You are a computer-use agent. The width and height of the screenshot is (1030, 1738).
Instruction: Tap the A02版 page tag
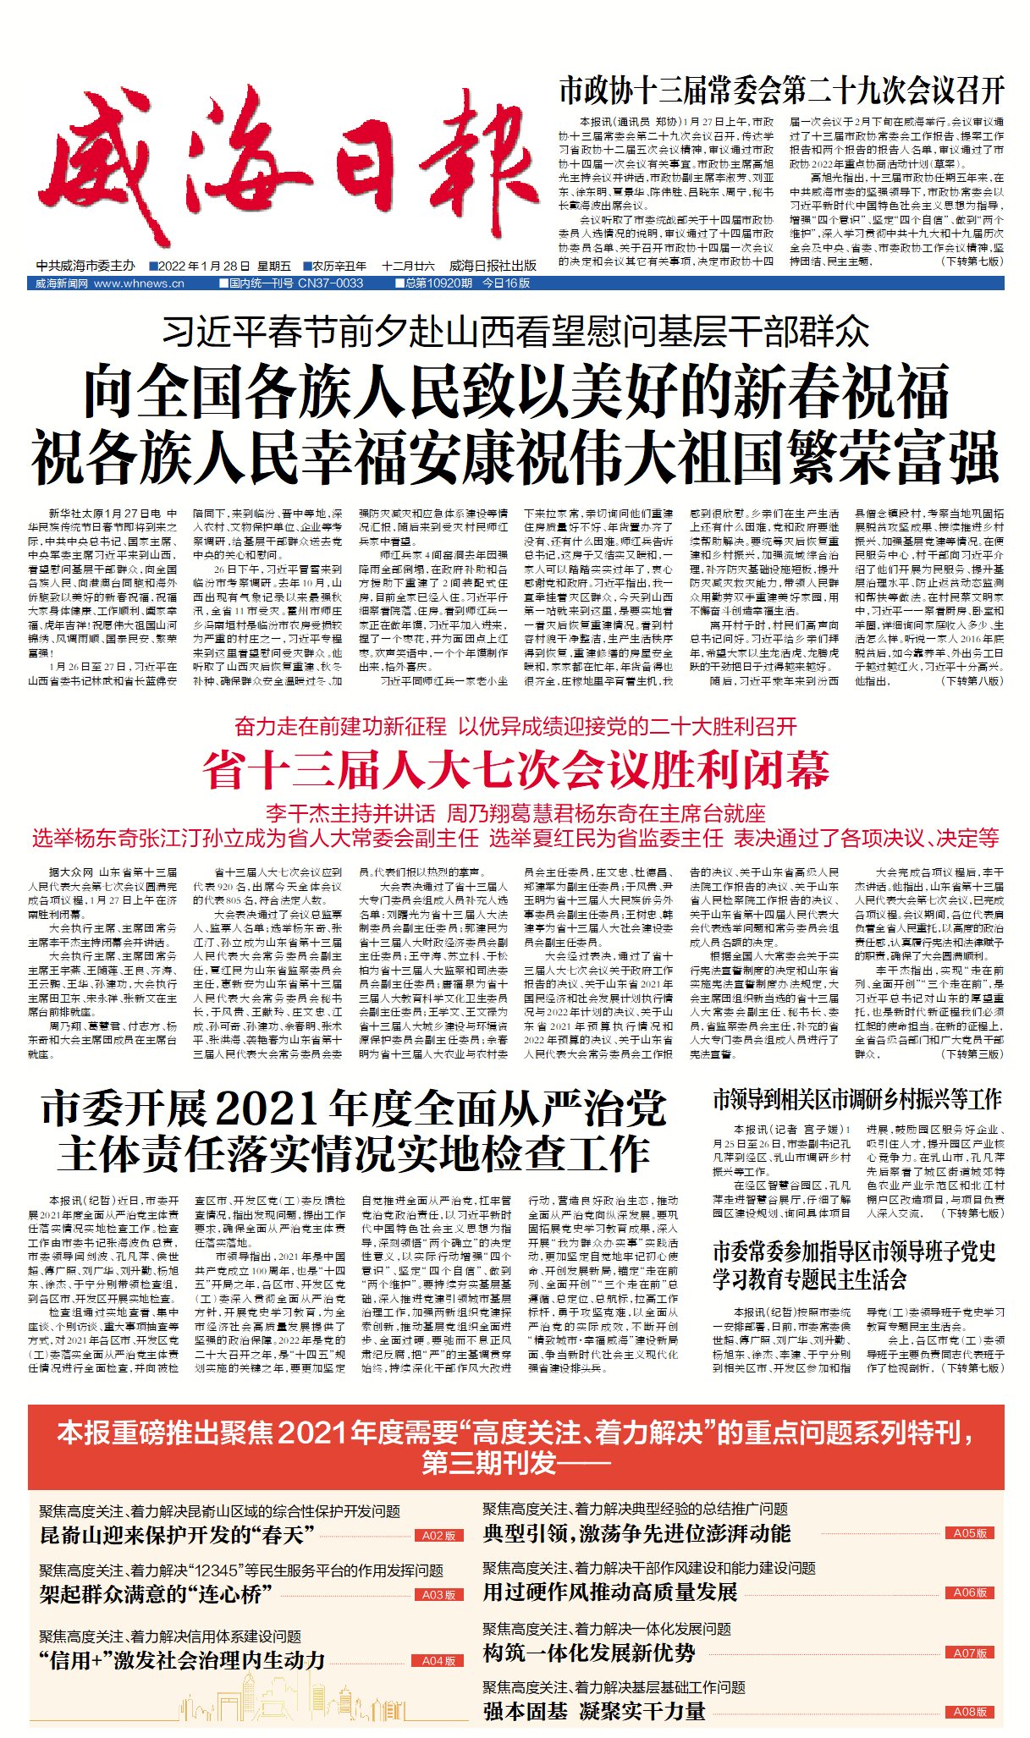pos(438,1536)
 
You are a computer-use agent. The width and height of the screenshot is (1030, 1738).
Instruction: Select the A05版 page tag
pos(970,1533)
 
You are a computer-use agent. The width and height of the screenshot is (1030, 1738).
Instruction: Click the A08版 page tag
pos(970,1712)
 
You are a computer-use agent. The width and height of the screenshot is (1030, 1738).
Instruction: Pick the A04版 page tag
pos(438,1661)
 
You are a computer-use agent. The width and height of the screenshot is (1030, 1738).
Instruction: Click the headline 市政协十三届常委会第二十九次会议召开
pos(780,90)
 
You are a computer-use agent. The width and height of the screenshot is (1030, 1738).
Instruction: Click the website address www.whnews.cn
pos(139,283)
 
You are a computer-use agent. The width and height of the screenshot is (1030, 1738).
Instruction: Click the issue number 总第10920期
pos(438,283)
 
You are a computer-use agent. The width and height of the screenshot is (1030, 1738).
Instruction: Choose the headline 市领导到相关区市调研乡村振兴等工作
pos(856,1099)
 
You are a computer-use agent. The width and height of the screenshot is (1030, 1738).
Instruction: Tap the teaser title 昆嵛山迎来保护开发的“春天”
pos(177,1535)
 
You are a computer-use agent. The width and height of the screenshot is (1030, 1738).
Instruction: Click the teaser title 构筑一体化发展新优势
pos(589,1653)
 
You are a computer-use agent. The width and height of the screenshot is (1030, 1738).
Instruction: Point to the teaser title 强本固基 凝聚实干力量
pos(594,1711)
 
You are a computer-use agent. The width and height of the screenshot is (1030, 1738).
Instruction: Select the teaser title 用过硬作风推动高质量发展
pos(609,1592)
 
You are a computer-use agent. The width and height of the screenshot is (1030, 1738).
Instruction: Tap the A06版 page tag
pos(970,1592)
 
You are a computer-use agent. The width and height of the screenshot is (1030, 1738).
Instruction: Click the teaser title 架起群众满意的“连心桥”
pos(156,1594)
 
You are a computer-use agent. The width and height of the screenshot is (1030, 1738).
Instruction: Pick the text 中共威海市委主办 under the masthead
pos(85,266)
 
